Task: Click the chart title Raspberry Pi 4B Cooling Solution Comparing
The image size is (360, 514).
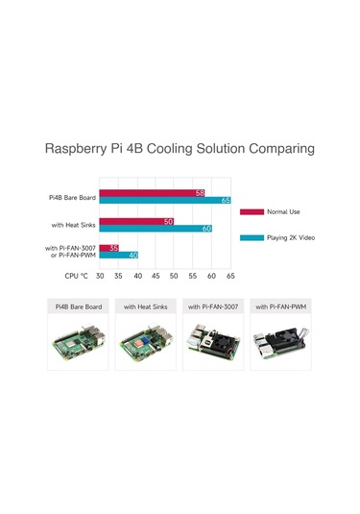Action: [180, 150]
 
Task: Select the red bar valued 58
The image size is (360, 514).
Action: [153, 192]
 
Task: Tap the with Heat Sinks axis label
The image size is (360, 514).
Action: [72, 226]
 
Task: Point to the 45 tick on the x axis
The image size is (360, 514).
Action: [156, 275]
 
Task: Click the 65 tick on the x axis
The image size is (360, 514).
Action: [230, 275]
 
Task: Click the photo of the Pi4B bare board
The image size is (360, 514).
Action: [80, 345]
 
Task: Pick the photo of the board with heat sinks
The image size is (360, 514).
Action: [145, 345]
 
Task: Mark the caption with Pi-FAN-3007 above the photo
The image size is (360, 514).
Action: [213, 307]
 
